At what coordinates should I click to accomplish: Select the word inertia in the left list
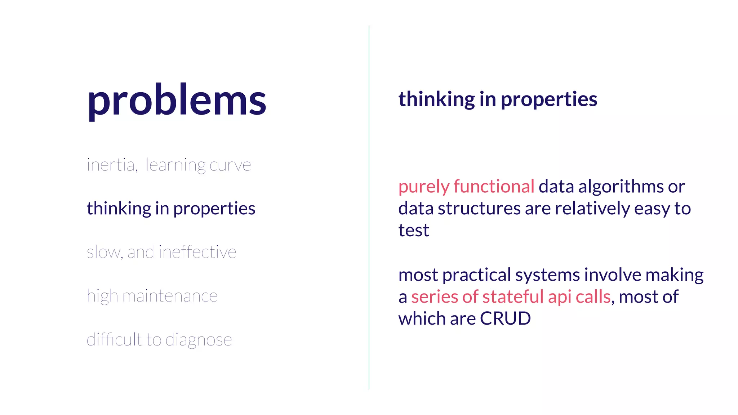coord(111,165)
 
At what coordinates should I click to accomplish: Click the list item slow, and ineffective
coord(161,252)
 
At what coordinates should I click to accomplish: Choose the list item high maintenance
coord(152,296)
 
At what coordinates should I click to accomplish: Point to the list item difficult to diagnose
coord(159,339)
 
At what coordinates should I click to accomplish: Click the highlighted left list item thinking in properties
coord(171,208)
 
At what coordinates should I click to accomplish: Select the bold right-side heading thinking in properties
coord(498,99)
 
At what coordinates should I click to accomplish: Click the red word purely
coord(424,187)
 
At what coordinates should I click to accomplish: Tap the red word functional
coord(494,186)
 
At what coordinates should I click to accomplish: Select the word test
coord(414,230)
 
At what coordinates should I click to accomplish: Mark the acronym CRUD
coord(505,318)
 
